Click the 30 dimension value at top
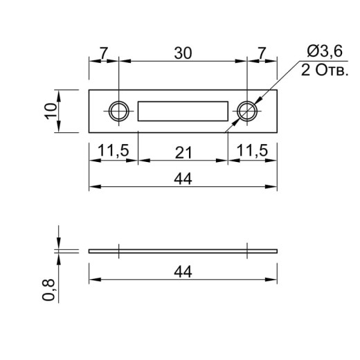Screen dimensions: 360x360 183,53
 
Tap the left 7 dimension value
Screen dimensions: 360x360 104,53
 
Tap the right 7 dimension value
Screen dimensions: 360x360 262,53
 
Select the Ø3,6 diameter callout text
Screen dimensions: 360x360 325,51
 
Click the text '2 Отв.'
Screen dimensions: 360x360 325,70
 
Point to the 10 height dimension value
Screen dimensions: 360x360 51,111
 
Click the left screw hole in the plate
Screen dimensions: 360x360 118,111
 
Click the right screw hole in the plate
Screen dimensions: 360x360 247,111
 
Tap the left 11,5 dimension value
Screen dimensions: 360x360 114,151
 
